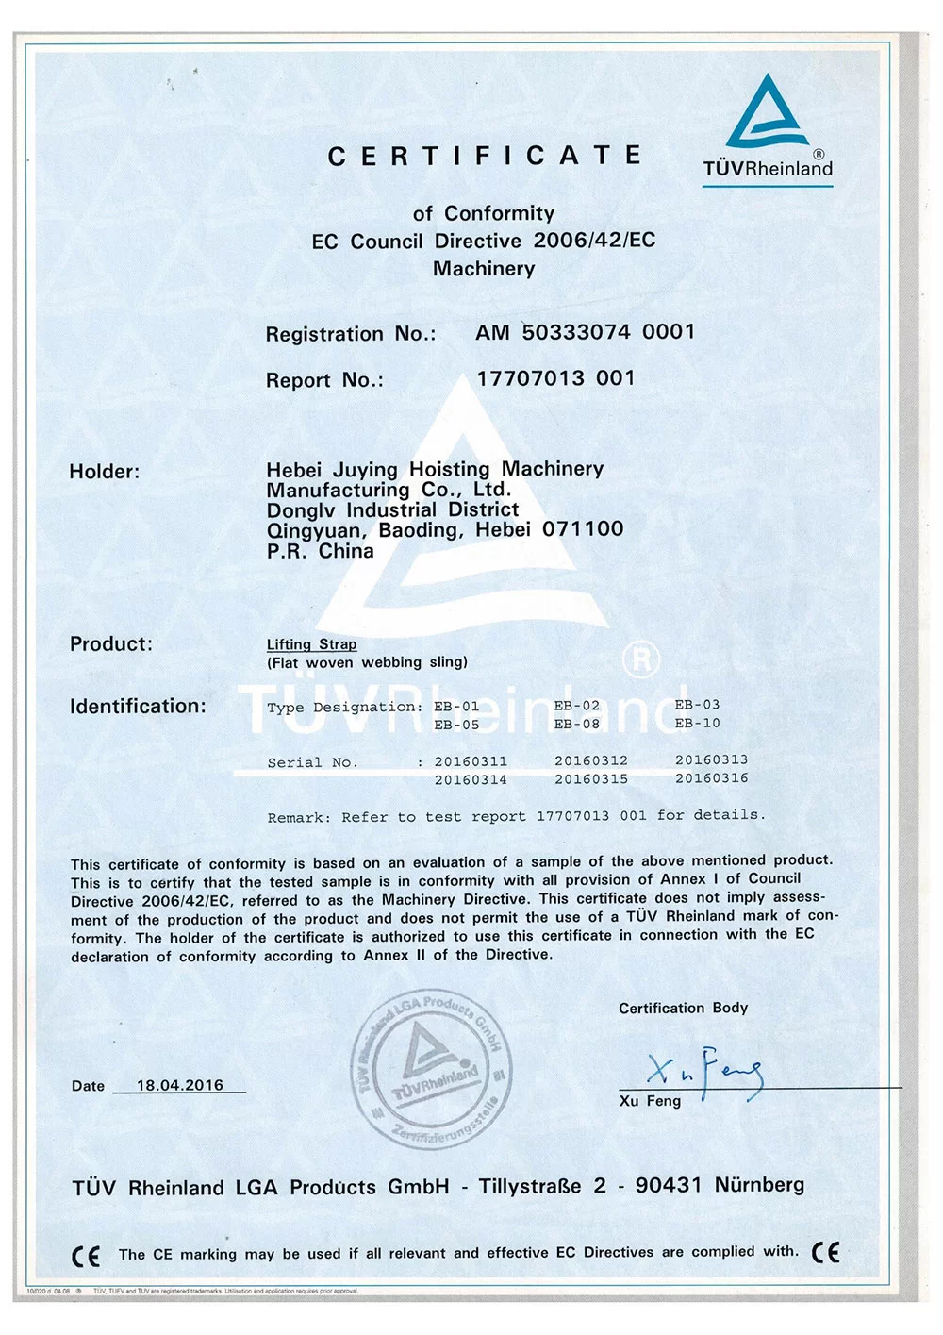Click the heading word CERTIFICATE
click(x=485, y=156)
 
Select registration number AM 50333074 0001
click(x=585, y=332)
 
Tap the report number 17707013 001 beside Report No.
click(x=555, y=378)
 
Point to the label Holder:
click(x=104, y=472)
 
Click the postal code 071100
click(x=583, y=529)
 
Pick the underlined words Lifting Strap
click(x=311, y=644)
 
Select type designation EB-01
click(x=457, y=707)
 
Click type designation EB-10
click(x=698, y=724)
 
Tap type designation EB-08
click(x=577, y=725)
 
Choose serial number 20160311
click(x=471, y=761)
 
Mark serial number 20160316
click(x=712, y=778)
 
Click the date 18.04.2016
click(x=180, y=1085)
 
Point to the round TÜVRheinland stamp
click(x=433, y=1070)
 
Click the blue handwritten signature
click(x=704, y=1071)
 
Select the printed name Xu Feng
click(x=650, y=1101)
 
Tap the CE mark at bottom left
click(x=86, y=1256)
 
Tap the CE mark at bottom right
click(x=825, y=1253)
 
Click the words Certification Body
click(x=683, y=1008)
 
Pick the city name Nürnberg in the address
click(x=759, y=1185)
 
